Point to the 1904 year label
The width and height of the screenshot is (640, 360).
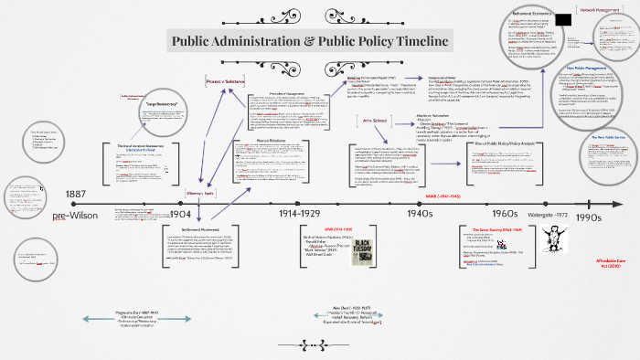[x=182, y=213]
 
